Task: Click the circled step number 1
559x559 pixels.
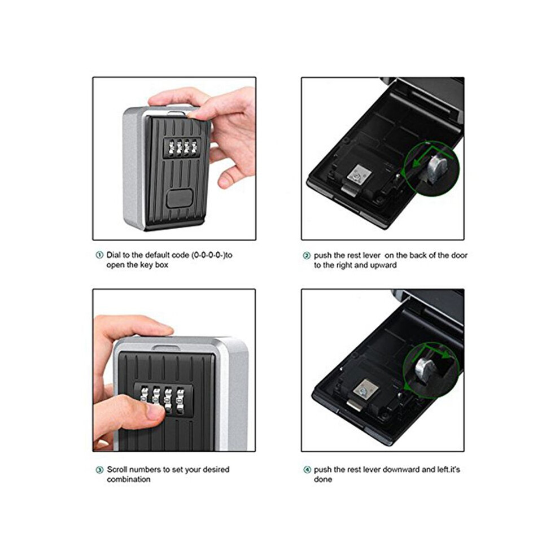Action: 99,255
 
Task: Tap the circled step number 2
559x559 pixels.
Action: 307,256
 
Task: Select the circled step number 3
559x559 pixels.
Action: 100,470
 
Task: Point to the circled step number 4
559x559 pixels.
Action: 307,470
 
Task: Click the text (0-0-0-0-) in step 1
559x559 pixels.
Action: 208,255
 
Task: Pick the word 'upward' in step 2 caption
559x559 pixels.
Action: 383,265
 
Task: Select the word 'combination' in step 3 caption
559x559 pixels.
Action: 129,479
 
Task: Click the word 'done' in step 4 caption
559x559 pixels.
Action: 323,479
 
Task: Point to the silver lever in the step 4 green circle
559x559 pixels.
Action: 426,371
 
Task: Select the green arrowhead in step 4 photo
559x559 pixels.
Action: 446,355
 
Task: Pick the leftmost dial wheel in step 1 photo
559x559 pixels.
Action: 171,147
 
